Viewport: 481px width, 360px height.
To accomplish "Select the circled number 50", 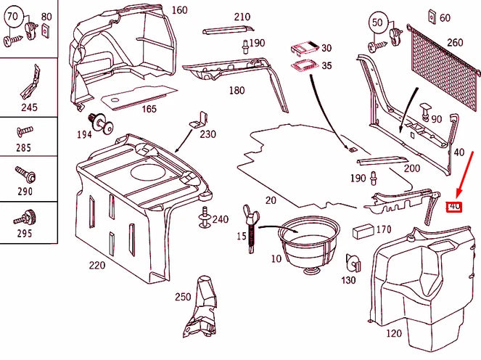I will tap(377, 22).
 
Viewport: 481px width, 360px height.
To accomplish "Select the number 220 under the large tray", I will tap(96, 265).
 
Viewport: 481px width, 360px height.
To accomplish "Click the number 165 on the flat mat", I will tap(148, 109).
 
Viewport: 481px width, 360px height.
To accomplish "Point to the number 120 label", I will tap(394, 333).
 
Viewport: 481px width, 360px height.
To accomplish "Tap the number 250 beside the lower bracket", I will tap(183, 298).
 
